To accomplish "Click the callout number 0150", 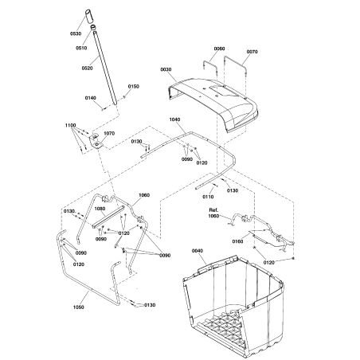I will (133, 86).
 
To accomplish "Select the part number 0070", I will (252, 53).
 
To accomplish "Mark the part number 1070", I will (109, 134).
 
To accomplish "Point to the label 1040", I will (175, 119).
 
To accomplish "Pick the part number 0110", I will (209, 196).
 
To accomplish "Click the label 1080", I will (100, 209).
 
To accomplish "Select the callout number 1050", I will (79, 307).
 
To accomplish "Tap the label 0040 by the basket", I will (199, 251).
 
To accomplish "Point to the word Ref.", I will (212, 209).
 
